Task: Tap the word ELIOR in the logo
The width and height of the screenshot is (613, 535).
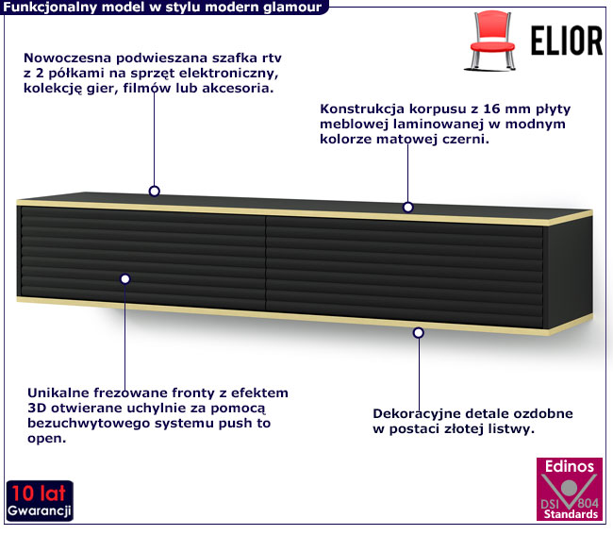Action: [x=560, y=42]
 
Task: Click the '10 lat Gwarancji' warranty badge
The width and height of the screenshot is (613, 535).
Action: [x=40, y=501]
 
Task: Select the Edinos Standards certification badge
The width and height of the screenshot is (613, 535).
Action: [x=568, y=493]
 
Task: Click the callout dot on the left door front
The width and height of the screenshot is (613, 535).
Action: [x=124, y=277]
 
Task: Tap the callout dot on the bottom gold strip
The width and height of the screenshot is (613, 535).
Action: [x=420, y=332]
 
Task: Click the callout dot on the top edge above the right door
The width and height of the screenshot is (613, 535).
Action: [x=408, y=207]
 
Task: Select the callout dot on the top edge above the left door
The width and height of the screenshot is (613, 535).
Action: [x=155, y=191]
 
